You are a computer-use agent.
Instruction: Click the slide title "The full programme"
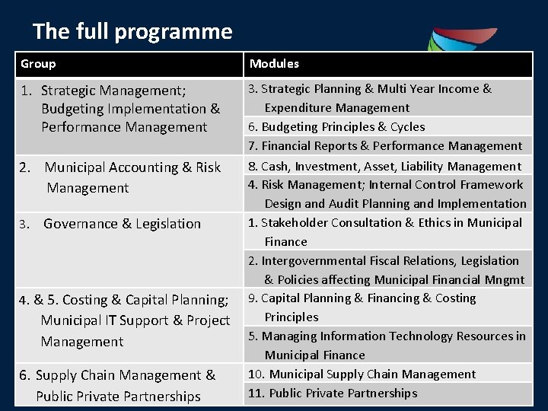[x=132, y=31]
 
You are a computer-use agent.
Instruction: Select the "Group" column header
[x=38, y=64]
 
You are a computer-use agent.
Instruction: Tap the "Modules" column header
[x=274, y=64]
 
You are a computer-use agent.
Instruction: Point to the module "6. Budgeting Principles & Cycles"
[x=336, y=127]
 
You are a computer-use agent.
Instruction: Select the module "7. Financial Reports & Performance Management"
[x=385, y=146]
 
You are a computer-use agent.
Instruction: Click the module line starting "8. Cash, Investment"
[x=385, y=166]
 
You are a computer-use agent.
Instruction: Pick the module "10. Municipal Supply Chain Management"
[x=362, y=374]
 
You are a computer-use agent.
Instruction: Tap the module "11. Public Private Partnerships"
[x=333, y=393]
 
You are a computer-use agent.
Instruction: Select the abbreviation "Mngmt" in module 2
[x=505, y=279]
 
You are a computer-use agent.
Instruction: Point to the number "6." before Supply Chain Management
[x=26, y=375]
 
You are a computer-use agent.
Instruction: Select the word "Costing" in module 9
[x=455, y=298]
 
